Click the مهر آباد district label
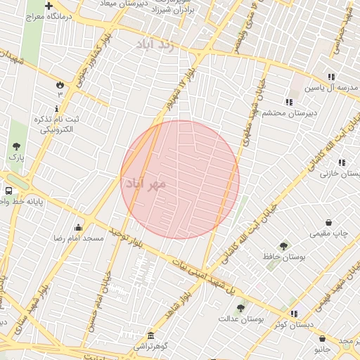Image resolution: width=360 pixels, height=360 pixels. pos(146,184)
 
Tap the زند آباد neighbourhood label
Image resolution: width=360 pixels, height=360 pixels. pos(155,44)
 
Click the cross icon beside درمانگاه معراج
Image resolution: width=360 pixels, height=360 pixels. pos(48,6)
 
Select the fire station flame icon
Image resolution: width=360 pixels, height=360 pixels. pos(60,84)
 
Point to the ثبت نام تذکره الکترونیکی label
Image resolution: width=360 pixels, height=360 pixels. pos(58,124)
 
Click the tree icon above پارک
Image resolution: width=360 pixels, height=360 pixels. pos(16,146)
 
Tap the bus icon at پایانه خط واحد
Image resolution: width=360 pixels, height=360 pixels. pos(8,191)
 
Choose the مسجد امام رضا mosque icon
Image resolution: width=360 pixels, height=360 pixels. pos(77,227)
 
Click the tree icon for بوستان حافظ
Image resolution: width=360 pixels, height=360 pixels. pos(283,246)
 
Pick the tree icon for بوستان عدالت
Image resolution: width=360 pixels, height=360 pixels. pos(240,307)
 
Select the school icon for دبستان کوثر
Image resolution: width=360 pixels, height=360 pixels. pos(293,314)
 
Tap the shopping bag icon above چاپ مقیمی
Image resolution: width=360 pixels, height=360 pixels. pos(329,222)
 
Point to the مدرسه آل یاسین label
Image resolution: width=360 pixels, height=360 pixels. pos(336,88)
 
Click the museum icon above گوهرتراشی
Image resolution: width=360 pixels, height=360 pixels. pos(150,335)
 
